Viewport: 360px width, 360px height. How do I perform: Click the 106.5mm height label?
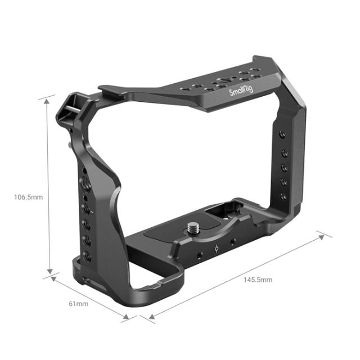pos(29,197)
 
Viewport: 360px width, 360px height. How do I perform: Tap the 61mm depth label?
pos(78,304)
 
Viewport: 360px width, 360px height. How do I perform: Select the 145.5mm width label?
pos(258,280)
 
